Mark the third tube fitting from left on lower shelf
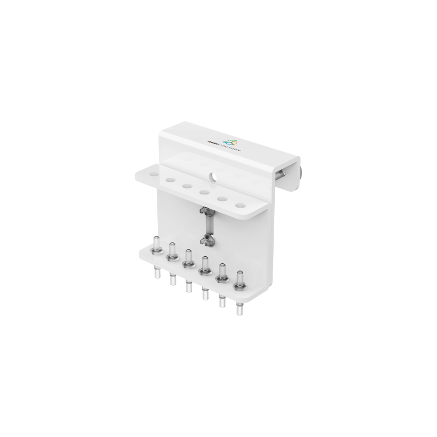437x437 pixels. (x=188, y=259)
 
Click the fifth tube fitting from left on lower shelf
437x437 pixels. (x=222, y=273)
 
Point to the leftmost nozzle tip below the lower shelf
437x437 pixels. (x=156, y=273)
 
